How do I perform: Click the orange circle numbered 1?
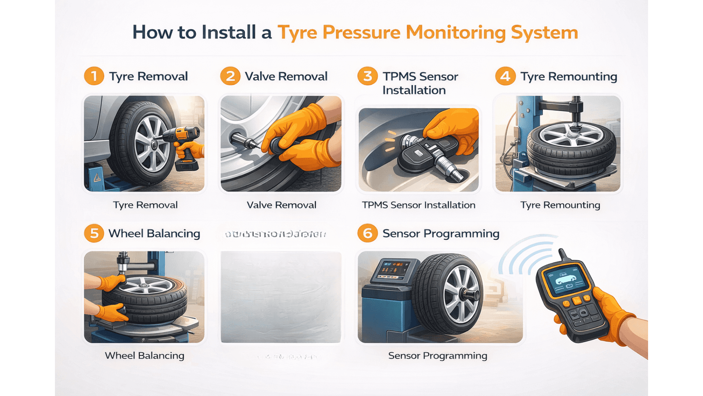(x=94, y=76)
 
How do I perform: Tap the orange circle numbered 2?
(x=230, y=76)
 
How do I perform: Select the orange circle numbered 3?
(x=368, y=76)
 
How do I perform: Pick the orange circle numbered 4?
(x=505, y=76)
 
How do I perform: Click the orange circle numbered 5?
(x=94, y=233)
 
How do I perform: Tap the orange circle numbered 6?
(x=368, y=233)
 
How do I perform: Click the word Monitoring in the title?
(x=455, y=32)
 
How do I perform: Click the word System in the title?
(x=544, y=32)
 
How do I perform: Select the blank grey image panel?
(x=281, y=297)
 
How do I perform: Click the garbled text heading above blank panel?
(x=275, y=234)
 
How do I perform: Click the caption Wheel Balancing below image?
(x=144, y=356)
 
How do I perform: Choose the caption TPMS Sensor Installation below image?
(x=419, y=205)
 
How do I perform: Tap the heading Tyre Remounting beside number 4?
(x=569, y=77)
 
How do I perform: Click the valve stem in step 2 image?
(x=242, y=141)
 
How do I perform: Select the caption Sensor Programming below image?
(x=438, y=356)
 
